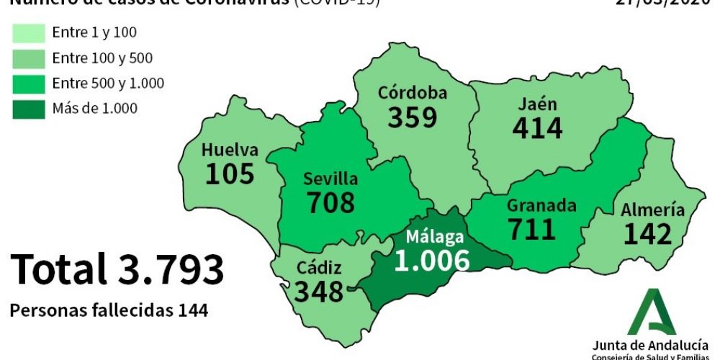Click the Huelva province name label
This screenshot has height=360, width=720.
(x=229, y=150)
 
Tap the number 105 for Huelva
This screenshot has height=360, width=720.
(x=230, y=174)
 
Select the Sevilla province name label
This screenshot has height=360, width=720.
(x=330, y=179)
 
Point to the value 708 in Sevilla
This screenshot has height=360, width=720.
(x=330, y=202)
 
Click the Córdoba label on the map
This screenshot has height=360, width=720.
(x=413, y=93)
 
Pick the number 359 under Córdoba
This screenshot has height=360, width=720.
(x=413, y=117)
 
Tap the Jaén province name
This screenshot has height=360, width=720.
(x=537, y=104)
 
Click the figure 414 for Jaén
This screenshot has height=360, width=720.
(x=537, y=127)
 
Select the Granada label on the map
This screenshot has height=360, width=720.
(x=541, y=206)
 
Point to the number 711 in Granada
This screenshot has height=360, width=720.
(x=532, y=229)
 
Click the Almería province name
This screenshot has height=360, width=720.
(x=653, y=210)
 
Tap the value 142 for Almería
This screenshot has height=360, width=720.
(x=647, y=234)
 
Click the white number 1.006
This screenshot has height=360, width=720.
(x=431, y=260)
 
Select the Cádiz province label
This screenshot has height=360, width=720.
(x=319, y=268)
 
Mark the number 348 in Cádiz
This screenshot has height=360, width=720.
(x=319, y=292)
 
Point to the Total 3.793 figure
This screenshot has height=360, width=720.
(x=117, y=269)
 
